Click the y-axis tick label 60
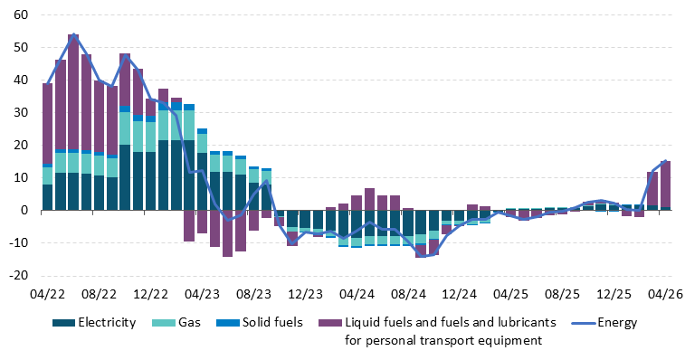pyautogui.click(x=21, y=14)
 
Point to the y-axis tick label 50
pyautogui.click(x=21, y=47)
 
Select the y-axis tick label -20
pyautogui.click(x=18, y=275)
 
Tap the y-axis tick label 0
pyautogui.click(x=24, y=210)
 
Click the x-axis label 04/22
pyautogui.click(x=48, y=294)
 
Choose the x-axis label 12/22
pyautogui.click(x=151, y=294)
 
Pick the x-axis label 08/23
pyautogui.click(x=253, y=294)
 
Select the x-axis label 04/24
pyautogui.click(x=357, y=294)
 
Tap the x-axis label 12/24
pyautogui.click(x=460, y=294)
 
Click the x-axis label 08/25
pyautogui.click(x=563, y=294)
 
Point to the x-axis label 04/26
pyautogui.click(x=665, y=294)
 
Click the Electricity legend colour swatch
pyautogui.click(x=63, y=323)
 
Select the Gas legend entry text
pyautogui.click(x=190, y=322)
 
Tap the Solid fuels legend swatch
pyautogui.click(x=228, y=323)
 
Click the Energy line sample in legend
pyautogui.click(x=584, y=323)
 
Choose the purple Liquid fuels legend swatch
pyautogui.click(x=330, y=323)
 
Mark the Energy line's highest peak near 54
pyautogui.click(x=73, y=34)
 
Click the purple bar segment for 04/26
pyautogui.click(x=665, y=184)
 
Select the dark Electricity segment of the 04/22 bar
pyautogui.click(x=48, y=197)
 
